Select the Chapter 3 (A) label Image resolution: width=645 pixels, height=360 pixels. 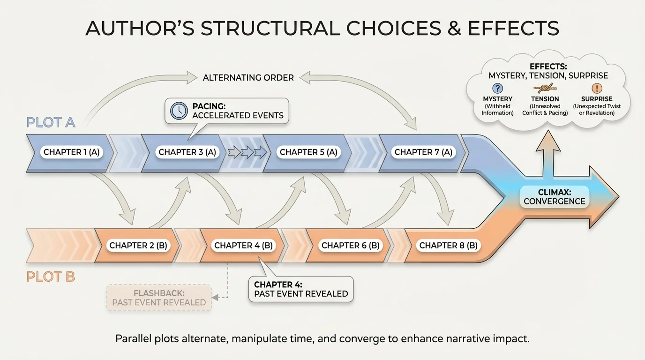[x=187, y=152]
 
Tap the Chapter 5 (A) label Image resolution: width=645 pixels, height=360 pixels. [x=308, y=152]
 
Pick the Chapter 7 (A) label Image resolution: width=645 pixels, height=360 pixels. [x=423, y=152]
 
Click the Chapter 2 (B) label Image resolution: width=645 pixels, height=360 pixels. [x=138, y=245]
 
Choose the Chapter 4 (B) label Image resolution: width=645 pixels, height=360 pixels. [x=243, y=245]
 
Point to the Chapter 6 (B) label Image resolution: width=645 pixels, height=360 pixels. [x=351, y=245]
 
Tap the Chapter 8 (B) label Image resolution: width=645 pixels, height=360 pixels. [x=448, y=245]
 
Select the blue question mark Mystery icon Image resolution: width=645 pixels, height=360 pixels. [x=497, y=89]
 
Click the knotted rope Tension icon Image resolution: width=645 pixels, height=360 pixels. [x=545, y=88]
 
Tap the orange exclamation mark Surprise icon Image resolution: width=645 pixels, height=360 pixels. [x=597, y=89]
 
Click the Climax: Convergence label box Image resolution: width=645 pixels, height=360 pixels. [x=555, y=196]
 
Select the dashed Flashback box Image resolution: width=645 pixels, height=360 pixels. [x=159, y=297]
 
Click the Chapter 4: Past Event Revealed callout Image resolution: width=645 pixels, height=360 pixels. [x=301, y=289]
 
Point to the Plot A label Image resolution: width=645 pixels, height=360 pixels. [x=51, y=123]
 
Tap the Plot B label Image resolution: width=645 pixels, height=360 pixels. [x=51, y=277]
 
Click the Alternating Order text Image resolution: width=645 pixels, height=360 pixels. [x=248, y=77]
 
